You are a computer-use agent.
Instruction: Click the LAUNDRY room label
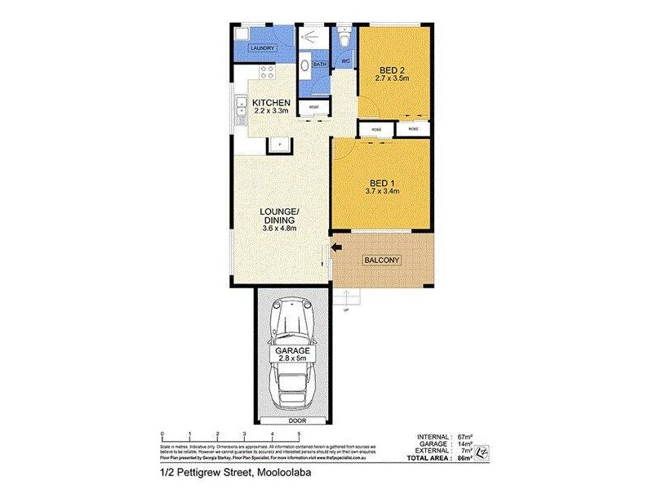[262, 49]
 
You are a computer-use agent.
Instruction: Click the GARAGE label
[291, 350]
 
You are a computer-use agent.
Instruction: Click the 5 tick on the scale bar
[300, 434]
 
